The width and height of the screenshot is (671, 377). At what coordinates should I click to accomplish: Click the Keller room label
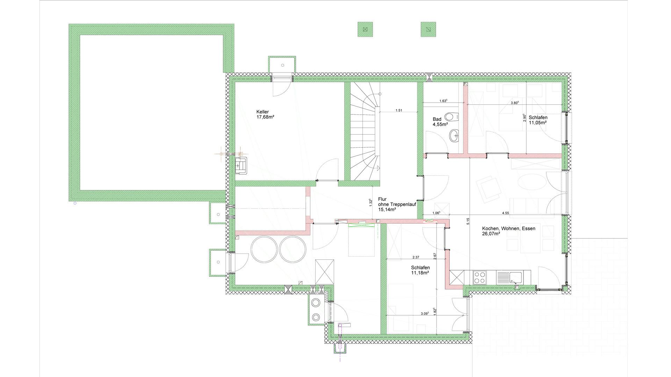click(262, 112)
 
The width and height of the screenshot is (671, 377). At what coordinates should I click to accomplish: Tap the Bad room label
click(437, 119)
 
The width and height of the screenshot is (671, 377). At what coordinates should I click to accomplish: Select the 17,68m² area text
click(265, 117)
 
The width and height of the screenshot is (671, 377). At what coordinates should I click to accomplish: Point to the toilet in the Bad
click(452, 116)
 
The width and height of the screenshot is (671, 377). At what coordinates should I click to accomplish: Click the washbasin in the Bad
click(454, 135)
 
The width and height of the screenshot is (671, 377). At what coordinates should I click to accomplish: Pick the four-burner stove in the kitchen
click(479, 278)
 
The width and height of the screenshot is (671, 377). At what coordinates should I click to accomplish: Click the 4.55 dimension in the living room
click(505, 213)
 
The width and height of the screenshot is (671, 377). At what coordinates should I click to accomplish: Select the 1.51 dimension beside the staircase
click(399, 110)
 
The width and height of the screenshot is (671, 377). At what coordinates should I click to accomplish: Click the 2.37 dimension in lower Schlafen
click(416, 257)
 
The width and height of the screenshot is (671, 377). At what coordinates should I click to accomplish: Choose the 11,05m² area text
click(538, 123)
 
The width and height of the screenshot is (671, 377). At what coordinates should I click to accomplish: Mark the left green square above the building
click(365, 29)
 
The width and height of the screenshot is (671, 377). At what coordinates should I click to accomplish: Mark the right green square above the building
click(428, 29)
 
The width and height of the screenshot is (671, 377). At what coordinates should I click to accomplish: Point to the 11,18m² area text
click(420, 273)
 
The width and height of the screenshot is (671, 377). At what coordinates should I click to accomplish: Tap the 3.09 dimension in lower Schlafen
click(425, 313)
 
